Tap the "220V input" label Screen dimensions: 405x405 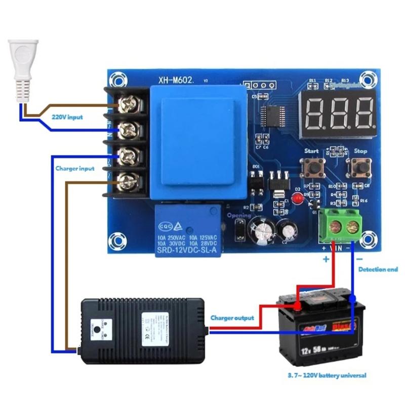tap(67, 117)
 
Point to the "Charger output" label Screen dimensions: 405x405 tap(232, 318)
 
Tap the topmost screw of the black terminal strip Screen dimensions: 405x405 tap(127, 105)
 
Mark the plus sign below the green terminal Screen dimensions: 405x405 tap(326, 259)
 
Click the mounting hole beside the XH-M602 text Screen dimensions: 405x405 tap(119, 79)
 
